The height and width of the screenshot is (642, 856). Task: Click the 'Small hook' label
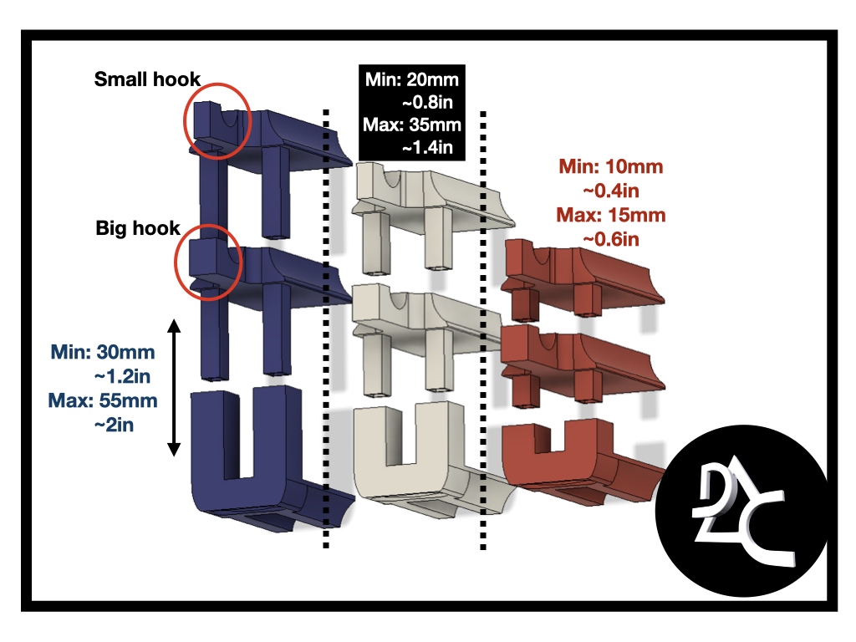click(147, 79)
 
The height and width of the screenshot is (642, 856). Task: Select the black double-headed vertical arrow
click(174, 386)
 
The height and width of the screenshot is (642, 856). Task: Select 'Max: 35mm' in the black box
click(409, 125)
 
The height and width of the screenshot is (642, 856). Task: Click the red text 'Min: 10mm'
click(611, 166)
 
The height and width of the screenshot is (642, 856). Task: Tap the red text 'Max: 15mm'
click(611, 215)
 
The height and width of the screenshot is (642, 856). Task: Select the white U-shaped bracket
click(410, 456)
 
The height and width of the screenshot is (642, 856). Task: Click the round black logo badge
click(743, 514)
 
